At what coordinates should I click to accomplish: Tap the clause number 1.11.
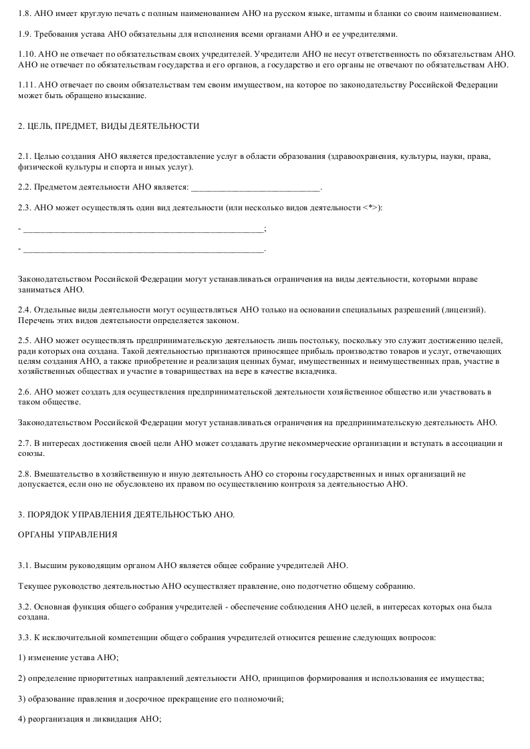(27, 85)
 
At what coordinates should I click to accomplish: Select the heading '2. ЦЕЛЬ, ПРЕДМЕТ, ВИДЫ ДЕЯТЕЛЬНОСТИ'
(109, 126)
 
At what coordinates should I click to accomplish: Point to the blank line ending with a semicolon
(144, 230)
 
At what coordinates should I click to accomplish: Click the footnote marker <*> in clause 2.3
(370, 208)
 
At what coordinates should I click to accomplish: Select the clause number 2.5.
(25, 340)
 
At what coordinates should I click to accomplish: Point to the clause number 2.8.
(25, 474)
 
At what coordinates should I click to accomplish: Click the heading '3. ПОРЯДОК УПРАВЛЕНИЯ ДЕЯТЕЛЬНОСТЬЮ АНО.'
(127, 514)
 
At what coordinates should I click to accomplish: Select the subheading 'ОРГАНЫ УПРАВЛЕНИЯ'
(68, 535)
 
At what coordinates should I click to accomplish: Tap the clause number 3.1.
(25, 565)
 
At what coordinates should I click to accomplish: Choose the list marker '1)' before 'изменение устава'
(22, 658)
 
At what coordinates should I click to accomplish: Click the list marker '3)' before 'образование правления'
(22, 699)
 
